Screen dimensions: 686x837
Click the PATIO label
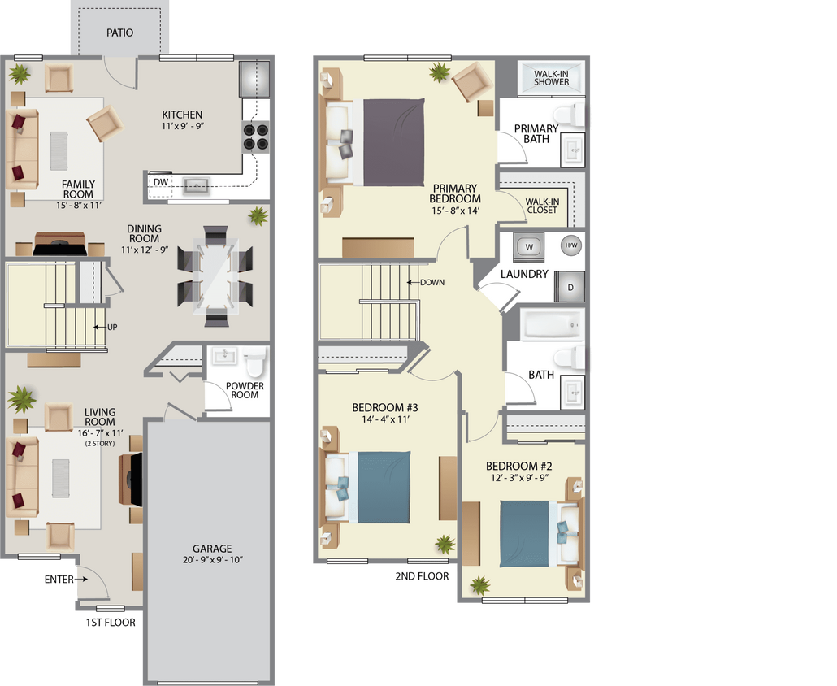click(x=119, y=33)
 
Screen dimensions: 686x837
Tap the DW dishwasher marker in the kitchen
click(x=161, y=182)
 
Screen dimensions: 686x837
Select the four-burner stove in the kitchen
click(x=256, y=137)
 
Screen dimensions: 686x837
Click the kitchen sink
click(x=196, y=186)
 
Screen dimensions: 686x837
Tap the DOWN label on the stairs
click(x=432, y=282)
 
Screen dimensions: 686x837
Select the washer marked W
click(x=529, y=246)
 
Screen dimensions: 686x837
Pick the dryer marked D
click(x=570, y=288)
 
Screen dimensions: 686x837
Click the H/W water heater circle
click(x=571, y=245)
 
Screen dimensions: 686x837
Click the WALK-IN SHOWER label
click(x=552, y=78)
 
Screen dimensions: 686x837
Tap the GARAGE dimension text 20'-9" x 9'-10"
click(x=213, y=560)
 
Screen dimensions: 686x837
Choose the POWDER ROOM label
click(x=245, y=390)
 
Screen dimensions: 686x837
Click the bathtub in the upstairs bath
click(x=553, y=325)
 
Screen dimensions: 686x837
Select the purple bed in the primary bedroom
click(x=393, y=141)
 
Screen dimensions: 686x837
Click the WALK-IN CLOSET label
click(x=541, y=205)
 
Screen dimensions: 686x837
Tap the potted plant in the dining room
click(x=258, y=216)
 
